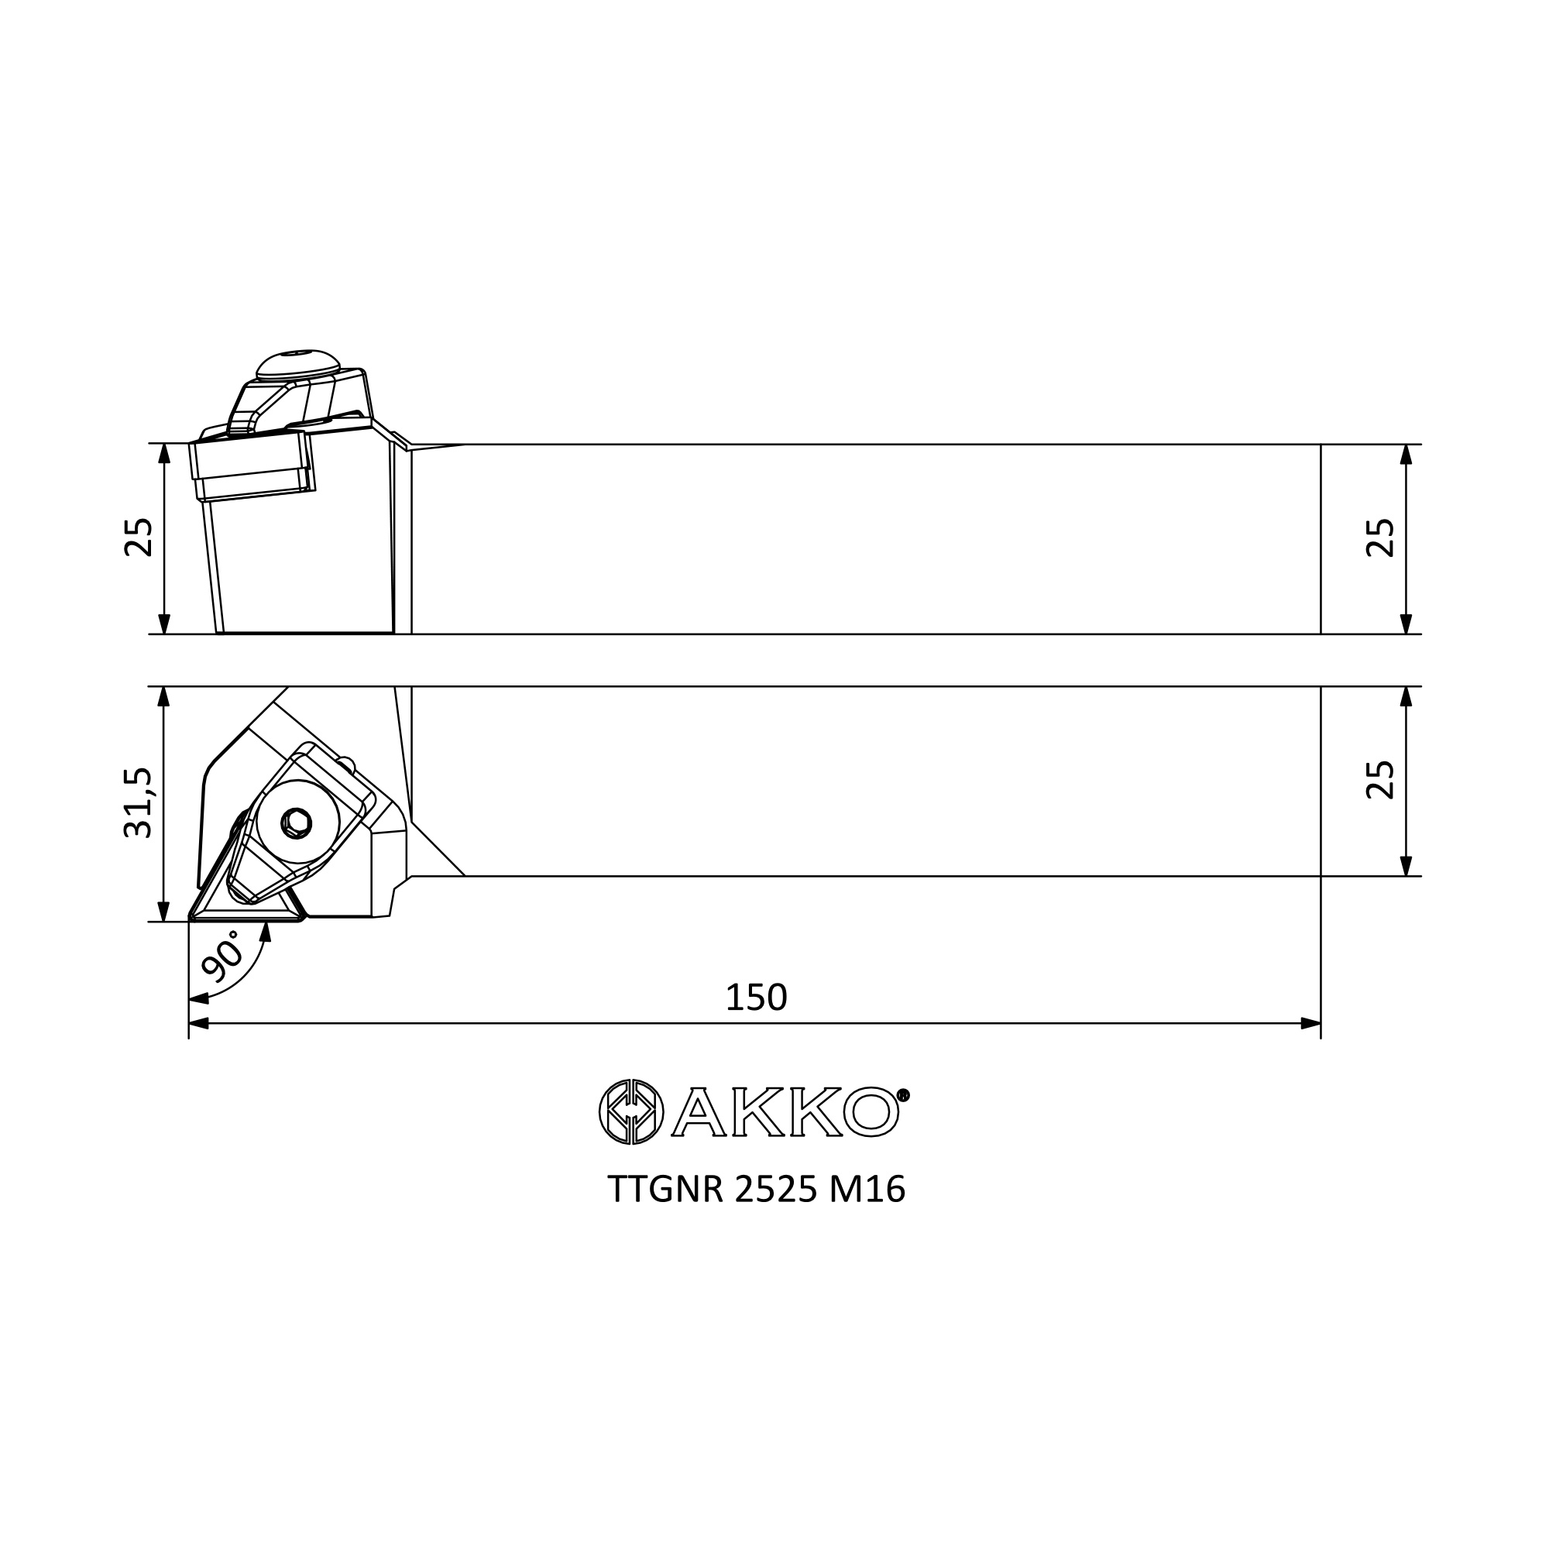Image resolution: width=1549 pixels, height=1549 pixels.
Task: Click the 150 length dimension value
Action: pyautogui.click(x=756, y=998)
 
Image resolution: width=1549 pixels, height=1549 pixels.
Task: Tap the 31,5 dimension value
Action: pyautogui.click(x=138, y=802)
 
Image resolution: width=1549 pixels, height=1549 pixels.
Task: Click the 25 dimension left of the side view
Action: pyautogui.click(x=138, y=538)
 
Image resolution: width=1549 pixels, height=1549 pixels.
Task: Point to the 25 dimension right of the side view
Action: pyautogui.click(x=1381, y=538)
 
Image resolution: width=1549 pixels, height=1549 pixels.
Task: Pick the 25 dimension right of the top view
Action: pyautogui.click(x=1381, y=780)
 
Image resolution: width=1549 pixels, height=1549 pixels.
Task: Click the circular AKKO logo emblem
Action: pyautogui.click(x=631, y=1111)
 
